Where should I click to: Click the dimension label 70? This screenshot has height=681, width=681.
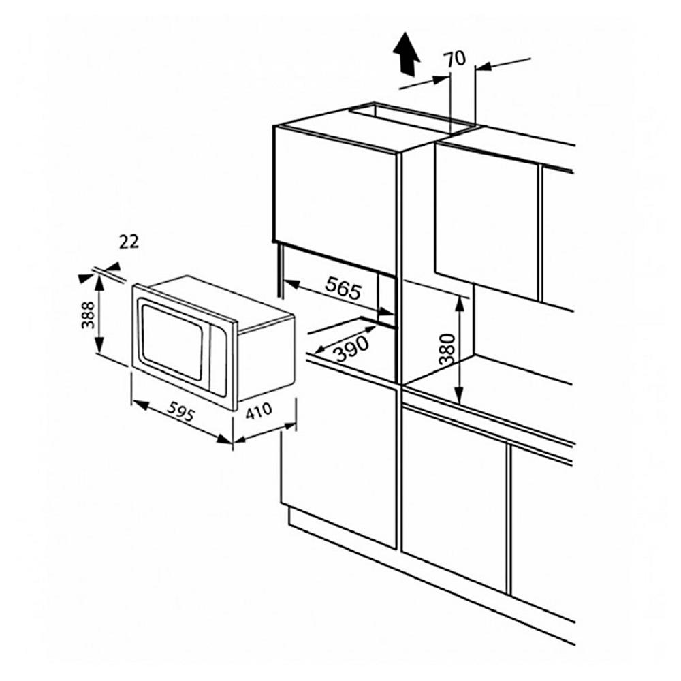tap(456, 59)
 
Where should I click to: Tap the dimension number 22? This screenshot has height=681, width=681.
tap(128, 242)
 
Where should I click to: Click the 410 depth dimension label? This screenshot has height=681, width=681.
tap(258, 413)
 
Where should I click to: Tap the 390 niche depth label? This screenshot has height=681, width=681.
tap(351, 345)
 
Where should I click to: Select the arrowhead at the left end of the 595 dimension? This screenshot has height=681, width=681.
tap(136, 405)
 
